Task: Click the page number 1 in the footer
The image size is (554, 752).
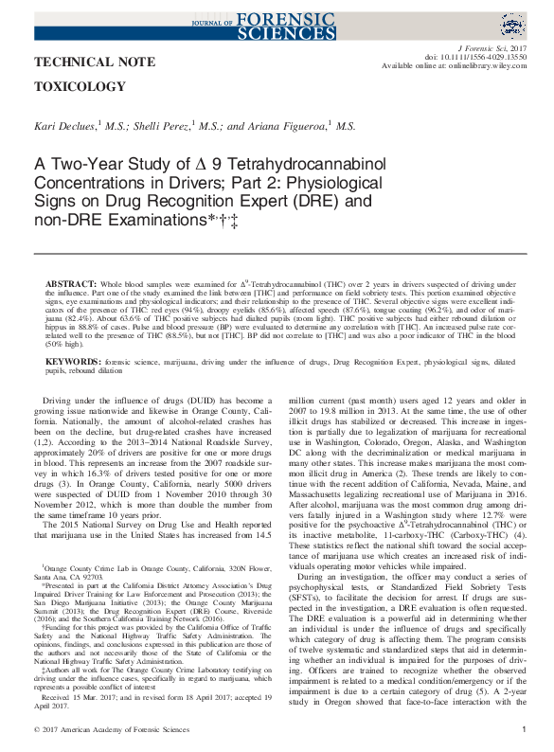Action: [x=525, y=730]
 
